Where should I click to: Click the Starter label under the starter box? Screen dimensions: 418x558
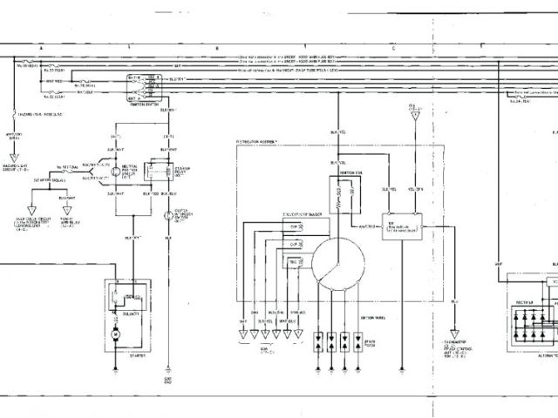coord(135,356)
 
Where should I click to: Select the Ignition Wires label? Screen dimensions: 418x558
coord(348,317)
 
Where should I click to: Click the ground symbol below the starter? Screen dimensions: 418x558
coord(117,367)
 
